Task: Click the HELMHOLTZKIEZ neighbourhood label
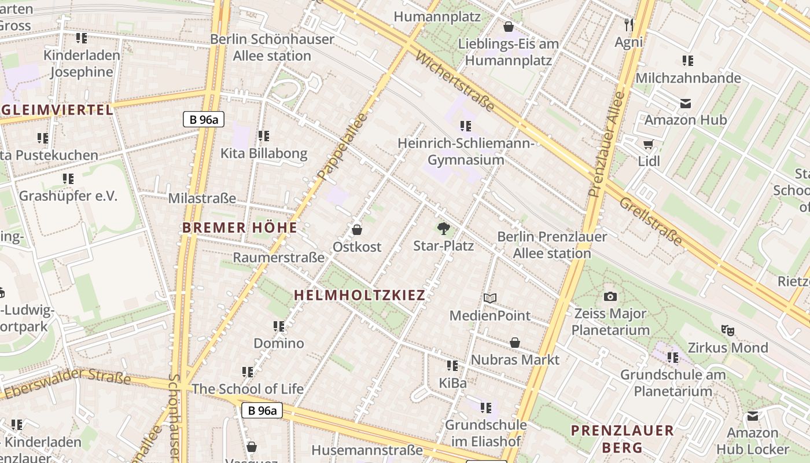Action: point(359,295)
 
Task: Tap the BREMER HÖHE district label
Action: point(240,227)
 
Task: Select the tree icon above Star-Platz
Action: point(444,229)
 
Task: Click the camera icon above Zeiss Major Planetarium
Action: point(610,297)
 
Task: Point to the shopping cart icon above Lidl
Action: point(648,144)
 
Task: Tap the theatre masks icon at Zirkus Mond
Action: point(727,330)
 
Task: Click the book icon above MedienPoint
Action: point(490,298)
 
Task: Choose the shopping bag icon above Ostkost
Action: point(357,230)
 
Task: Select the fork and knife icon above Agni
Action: point(629,25)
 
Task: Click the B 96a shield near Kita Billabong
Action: point(203,119)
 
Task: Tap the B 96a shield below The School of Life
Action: point(262,411)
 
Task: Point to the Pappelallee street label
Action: point(343,145)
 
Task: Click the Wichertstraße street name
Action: point(455,82)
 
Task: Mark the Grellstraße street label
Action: point(651,221)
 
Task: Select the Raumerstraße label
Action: point(278,258)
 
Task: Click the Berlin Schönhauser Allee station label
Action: point(272,47)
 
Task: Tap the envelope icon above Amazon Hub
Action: point(686,104)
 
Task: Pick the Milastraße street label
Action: point(202,199)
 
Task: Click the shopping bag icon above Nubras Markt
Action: point(514,343)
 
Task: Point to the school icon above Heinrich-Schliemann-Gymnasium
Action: point(465,126)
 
